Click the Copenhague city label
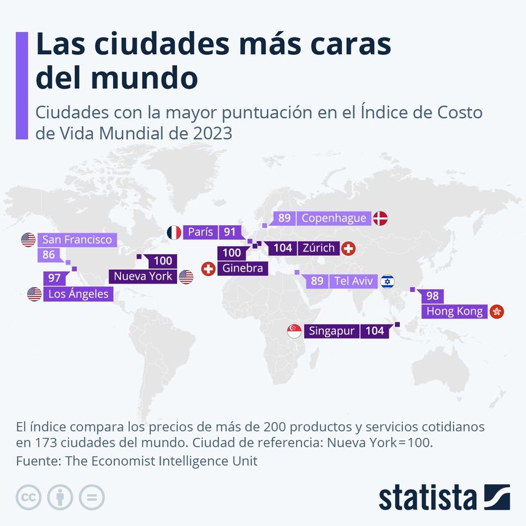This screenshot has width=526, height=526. [x=334, y=218]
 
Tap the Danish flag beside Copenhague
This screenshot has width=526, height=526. [x=380, y=218]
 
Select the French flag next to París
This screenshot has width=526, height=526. [x=174, y=232]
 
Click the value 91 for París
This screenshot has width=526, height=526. [x=230, y=232]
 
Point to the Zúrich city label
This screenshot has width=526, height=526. [x=318, y=249]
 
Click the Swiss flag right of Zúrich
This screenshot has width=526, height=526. [x=348, y=249]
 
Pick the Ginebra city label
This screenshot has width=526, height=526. [x=242, y=268]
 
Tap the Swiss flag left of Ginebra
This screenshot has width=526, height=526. [x=209, y=268]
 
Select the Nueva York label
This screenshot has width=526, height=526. [x=143, y=276]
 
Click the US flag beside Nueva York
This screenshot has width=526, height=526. [x=186, y=276]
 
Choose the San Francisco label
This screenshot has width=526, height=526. [x=77, y=239]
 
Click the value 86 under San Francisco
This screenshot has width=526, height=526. [x=49, y=253]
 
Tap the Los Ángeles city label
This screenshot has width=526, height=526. [x=78, y=294]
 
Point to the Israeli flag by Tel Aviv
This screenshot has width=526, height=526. [x=387, y=281]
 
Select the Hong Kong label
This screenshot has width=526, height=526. [x=455, y=311]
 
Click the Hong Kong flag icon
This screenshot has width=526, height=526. [x=496, y=311]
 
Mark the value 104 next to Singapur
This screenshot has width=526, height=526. [x=375, y=331]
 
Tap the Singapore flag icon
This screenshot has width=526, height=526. [x=294, y=331]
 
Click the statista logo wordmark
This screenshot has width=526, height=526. [x=428, y=497]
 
